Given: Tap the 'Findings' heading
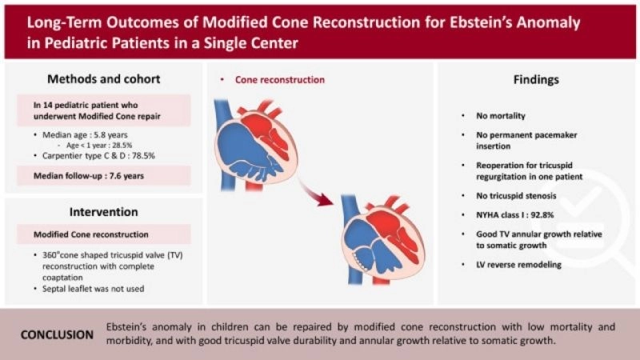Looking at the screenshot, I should [x=535, y=80].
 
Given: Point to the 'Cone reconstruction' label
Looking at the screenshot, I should [x=279, y=81].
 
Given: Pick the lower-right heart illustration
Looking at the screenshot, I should [x=382, y=240].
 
